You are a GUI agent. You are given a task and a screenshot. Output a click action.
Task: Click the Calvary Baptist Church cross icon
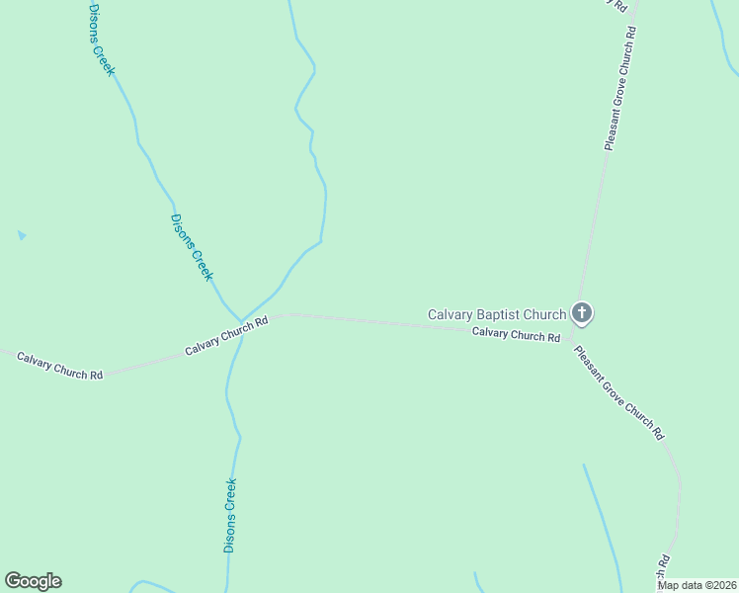pyautogui.click(x=583, y=314)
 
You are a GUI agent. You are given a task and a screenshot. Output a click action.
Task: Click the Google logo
pyautogui.click(x=33, y=581)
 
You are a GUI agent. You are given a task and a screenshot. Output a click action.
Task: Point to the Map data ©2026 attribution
pyautogui.click(x=698, y=585)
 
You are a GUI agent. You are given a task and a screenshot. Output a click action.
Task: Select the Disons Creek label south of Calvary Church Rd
pyautogui.click(x=230, y=515)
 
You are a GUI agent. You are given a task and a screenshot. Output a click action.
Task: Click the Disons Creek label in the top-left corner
pyautogui.click(x=101, y=40)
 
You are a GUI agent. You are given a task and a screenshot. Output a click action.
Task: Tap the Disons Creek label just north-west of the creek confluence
pyautogui.click(x=192, y=247)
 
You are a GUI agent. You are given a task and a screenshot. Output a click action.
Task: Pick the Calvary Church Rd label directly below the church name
pyautogui.click(x=516, y=335)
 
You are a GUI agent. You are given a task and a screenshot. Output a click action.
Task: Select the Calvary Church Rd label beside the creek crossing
pyautogui.click(x=226, y=337)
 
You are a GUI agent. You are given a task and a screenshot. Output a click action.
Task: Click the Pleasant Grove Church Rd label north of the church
pyautogui.click(x=619, y=89)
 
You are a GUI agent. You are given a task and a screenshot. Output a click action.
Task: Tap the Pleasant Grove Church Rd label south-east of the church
pyautogui.click(x=619, y=393)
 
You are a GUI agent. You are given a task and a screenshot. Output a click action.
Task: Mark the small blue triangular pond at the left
pyautogui.click(x=21, y=235)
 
